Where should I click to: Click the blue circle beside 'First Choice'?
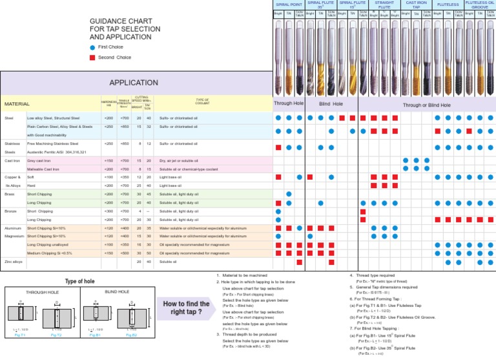(92, 48)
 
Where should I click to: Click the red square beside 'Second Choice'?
(92, 58)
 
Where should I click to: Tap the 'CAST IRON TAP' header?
(417, 5)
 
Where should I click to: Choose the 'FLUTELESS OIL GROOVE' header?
(480, 5)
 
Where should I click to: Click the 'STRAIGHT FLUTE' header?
(384, 5)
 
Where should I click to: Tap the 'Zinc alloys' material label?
(14, 262)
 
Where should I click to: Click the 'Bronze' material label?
(12, 211)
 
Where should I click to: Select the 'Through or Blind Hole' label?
(427, 105)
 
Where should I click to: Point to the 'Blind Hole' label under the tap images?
(331, 104)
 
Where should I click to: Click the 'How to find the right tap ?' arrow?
(188, 308)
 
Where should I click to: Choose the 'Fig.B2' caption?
(132, 335)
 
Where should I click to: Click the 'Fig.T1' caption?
(20, 335)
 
